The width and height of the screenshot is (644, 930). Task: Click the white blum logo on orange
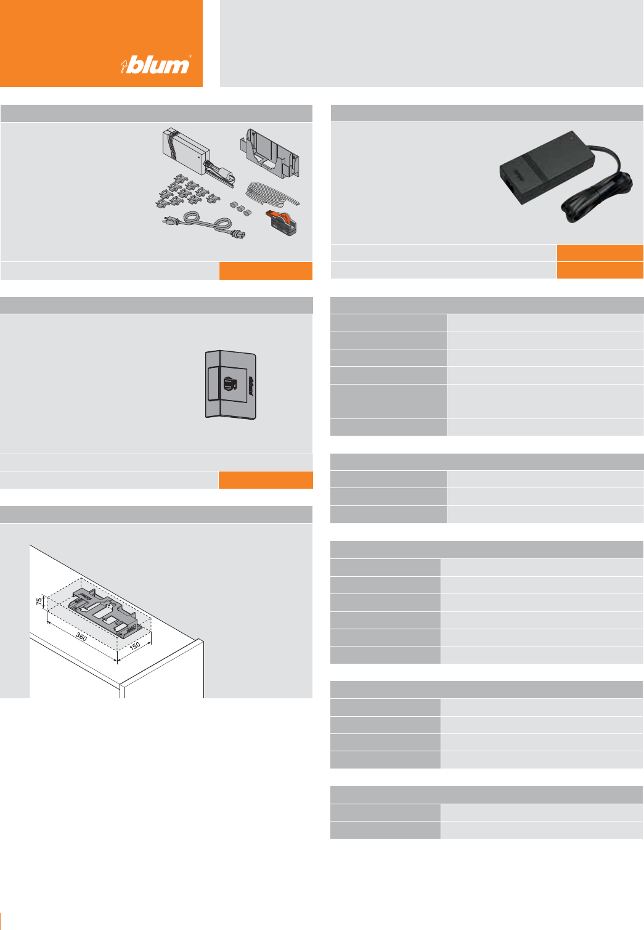pos(156,65)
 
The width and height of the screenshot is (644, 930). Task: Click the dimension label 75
pos(39,601)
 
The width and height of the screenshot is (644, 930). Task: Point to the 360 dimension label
pos(81,637)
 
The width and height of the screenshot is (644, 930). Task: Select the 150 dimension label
pos(135,646)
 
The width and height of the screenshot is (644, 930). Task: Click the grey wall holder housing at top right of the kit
pos(269,153)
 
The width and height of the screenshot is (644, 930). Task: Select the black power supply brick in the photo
pos(546,168)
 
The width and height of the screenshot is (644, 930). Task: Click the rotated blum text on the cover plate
pos(251,385)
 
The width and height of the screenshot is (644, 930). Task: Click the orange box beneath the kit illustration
pos(266,271)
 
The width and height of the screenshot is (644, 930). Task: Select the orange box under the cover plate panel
pos(266,480)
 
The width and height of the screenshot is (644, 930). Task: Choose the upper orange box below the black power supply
pos(600,253)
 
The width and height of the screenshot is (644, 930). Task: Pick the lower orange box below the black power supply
pos(600,271)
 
